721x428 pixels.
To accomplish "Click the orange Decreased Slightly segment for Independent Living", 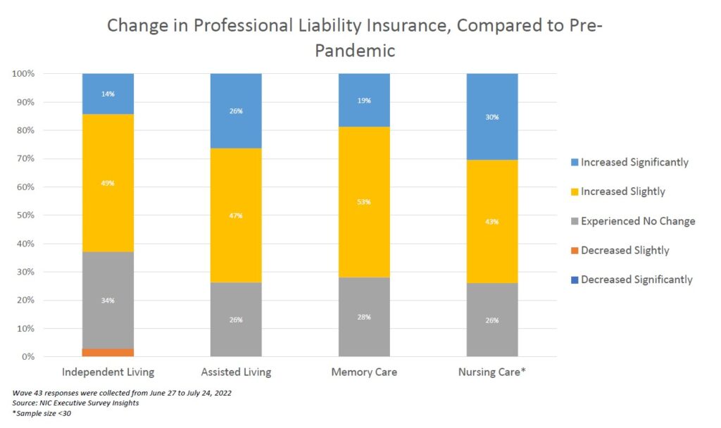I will [108, 352].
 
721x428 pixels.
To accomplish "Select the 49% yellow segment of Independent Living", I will [108, 183].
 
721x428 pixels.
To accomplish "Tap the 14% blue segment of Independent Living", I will [108, 94].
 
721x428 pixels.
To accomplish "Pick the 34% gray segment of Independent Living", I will [108, 300].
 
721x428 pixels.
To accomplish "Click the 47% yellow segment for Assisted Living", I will [236, 215].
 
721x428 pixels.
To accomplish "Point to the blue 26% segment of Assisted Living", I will [236, 111].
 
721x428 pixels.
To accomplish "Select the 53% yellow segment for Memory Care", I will [364, 202].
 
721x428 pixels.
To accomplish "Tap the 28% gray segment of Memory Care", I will [364, 317].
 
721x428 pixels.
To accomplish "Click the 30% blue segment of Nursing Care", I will [492, 117].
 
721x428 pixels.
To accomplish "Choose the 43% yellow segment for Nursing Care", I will [492, 221].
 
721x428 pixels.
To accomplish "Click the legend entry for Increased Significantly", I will [634, 163].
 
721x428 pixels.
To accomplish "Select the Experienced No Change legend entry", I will [637, 221].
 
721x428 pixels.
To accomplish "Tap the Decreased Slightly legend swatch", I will [572, 251].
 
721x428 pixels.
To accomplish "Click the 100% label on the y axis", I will [24, 74].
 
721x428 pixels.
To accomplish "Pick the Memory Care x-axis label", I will [364, 372].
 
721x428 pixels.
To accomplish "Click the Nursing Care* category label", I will [492, 372].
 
